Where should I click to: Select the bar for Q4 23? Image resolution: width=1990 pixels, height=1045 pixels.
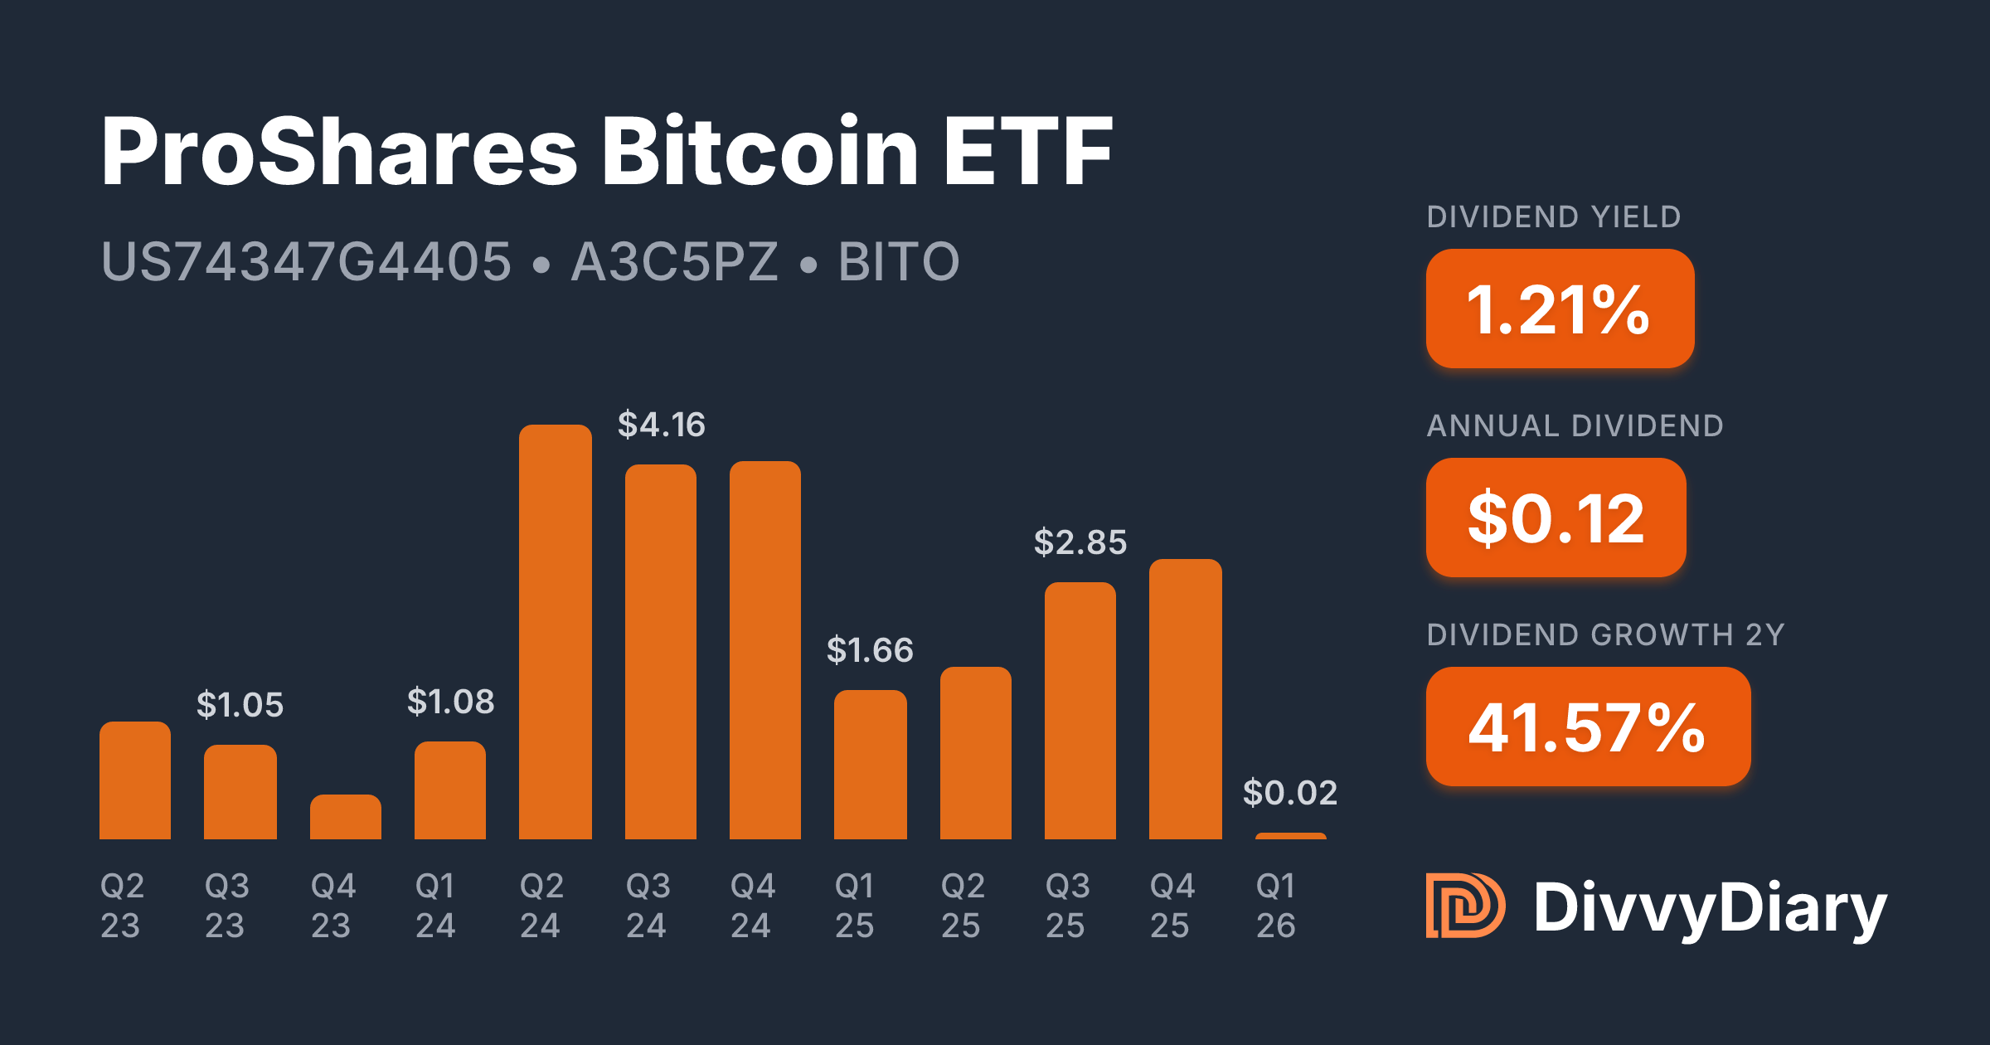345,817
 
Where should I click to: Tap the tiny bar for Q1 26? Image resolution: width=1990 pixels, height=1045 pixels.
1290,836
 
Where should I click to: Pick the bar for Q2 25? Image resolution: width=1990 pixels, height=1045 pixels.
975,753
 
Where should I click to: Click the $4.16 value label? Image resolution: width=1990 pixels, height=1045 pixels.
661,425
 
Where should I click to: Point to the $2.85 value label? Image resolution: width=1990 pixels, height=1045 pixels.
1080,542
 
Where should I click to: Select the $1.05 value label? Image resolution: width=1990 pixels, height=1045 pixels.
240,705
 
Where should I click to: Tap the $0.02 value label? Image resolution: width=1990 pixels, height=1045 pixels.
1289,793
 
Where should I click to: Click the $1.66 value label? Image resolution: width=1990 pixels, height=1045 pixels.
870,650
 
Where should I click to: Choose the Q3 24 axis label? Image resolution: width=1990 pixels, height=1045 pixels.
648,906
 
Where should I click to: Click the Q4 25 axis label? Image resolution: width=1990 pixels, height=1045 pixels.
1172,906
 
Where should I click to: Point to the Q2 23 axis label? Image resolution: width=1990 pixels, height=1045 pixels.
122,906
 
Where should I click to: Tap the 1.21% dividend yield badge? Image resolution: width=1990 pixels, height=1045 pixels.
1559,309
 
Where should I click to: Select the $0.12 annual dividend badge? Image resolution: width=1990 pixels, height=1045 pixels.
1556,518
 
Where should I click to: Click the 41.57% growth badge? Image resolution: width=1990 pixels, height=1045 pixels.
1587,727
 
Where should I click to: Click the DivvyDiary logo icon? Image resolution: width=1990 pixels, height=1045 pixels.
1464,906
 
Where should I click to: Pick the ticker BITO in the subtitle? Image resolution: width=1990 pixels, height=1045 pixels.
899,261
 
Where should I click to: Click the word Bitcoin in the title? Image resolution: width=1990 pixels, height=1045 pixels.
760,151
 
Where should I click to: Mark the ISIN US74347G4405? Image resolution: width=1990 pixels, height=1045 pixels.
306,261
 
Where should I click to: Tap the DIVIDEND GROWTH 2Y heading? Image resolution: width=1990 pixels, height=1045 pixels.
1605,634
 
